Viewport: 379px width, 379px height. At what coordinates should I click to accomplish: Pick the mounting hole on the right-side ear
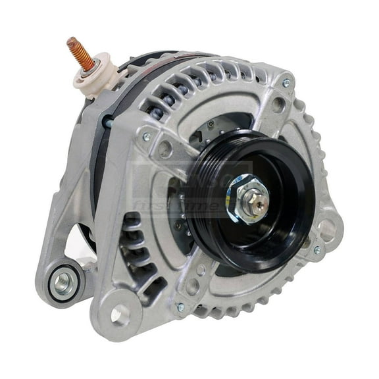[x=326, y=230]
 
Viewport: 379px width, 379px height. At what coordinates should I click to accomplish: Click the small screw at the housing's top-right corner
[x=286, y=84]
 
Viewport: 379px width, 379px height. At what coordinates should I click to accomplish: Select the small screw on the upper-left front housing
[x=146, y=137]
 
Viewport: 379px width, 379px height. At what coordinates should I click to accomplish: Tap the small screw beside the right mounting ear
[x=317, y=251]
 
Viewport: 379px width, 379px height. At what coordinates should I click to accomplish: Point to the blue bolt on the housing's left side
[x=107, y=122]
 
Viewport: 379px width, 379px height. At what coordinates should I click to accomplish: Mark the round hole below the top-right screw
[x=278, y=104]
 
